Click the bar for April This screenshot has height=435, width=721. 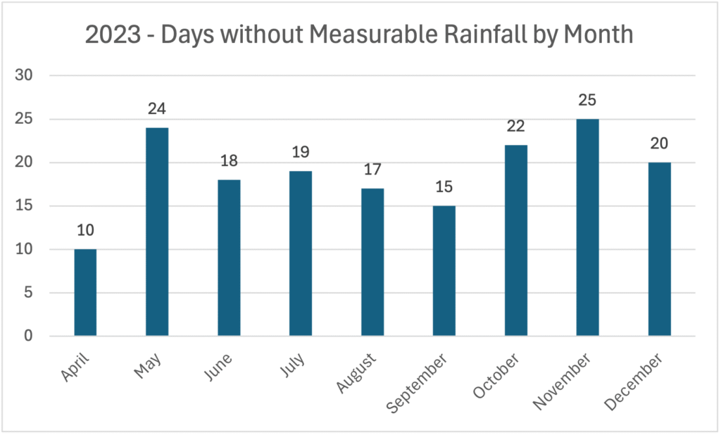[x=85, y=293]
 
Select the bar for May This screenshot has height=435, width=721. [x=157, y=232]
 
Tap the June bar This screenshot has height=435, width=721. [x=229, y=258]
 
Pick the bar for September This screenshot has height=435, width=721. [x=444, y=271]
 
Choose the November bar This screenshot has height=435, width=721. [x=587, y=227]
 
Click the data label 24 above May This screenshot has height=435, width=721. [x=157, y=110]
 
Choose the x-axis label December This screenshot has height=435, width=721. [x=646, y=373]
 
